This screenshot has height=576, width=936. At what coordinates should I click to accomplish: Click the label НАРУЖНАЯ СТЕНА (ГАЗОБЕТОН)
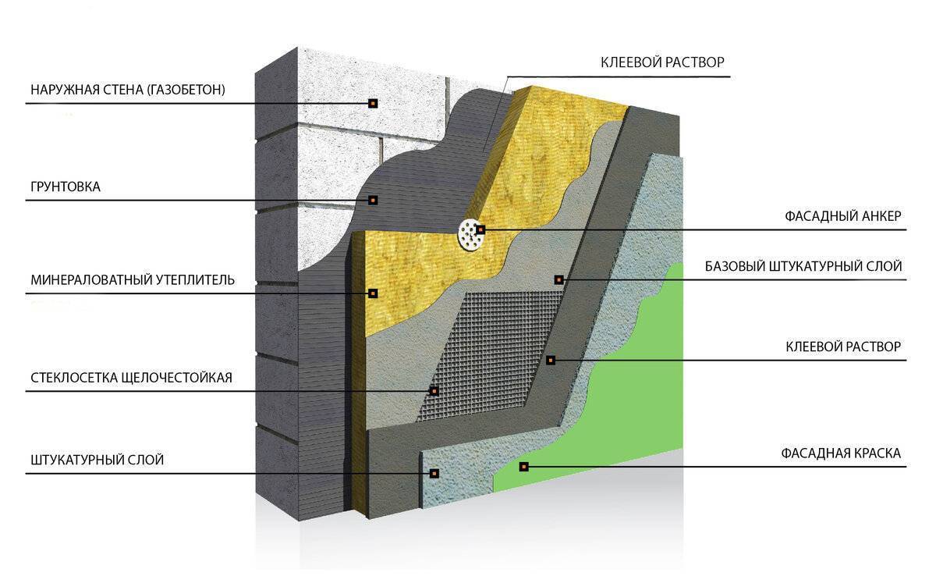click(128, 90)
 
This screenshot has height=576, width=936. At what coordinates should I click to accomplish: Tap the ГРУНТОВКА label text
click(66, 187)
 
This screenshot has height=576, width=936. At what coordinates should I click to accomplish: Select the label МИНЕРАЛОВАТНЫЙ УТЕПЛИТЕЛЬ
click(133, 279)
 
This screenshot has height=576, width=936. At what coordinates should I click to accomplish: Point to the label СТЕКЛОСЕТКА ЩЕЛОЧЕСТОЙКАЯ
click(131, 378)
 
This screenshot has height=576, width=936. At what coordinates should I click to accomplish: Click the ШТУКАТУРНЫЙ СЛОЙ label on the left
click(97, 460)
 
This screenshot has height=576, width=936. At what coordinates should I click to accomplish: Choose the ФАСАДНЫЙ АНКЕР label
click(843, 216)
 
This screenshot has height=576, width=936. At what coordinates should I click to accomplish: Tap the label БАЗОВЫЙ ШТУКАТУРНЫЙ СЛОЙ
click(803, 266)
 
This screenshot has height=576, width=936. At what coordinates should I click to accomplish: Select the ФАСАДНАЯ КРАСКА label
click(841, 453)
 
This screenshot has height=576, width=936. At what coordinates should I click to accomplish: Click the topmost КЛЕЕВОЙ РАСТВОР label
click(662, 62)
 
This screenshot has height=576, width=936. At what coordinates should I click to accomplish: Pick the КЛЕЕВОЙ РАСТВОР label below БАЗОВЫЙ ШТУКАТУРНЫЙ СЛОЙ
click(843, 347)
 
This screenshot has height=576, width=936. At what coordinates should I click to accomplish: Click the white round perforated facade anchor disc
click(472, 236)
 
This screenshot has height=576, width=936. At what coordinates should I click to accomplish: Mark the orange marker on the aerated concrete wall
click(373, 103)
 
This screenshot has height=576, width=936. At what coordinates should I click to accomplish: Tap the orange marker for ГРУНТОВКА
click(373, 201)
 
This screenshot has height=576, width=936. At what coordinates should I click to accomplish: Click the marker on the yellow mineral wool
click(373, 293)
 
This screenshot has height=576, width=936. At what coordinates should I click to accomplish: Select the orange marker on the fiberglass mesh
click(434, 391)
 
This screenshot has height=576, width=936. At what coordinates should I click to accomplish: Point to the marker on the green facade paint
click(523, 467)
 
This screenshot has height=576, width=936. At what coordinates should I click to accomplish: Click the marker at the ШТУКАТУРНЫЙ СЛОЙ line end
click(434, 473)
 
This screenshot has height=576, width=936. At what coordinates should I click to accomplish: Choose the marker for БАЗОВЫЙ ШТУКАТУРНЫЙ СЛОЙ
click(559, 279)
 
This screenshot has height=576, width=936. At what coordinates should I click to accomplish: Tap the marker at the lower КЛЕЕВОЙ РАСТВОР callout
click(551, 360)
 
